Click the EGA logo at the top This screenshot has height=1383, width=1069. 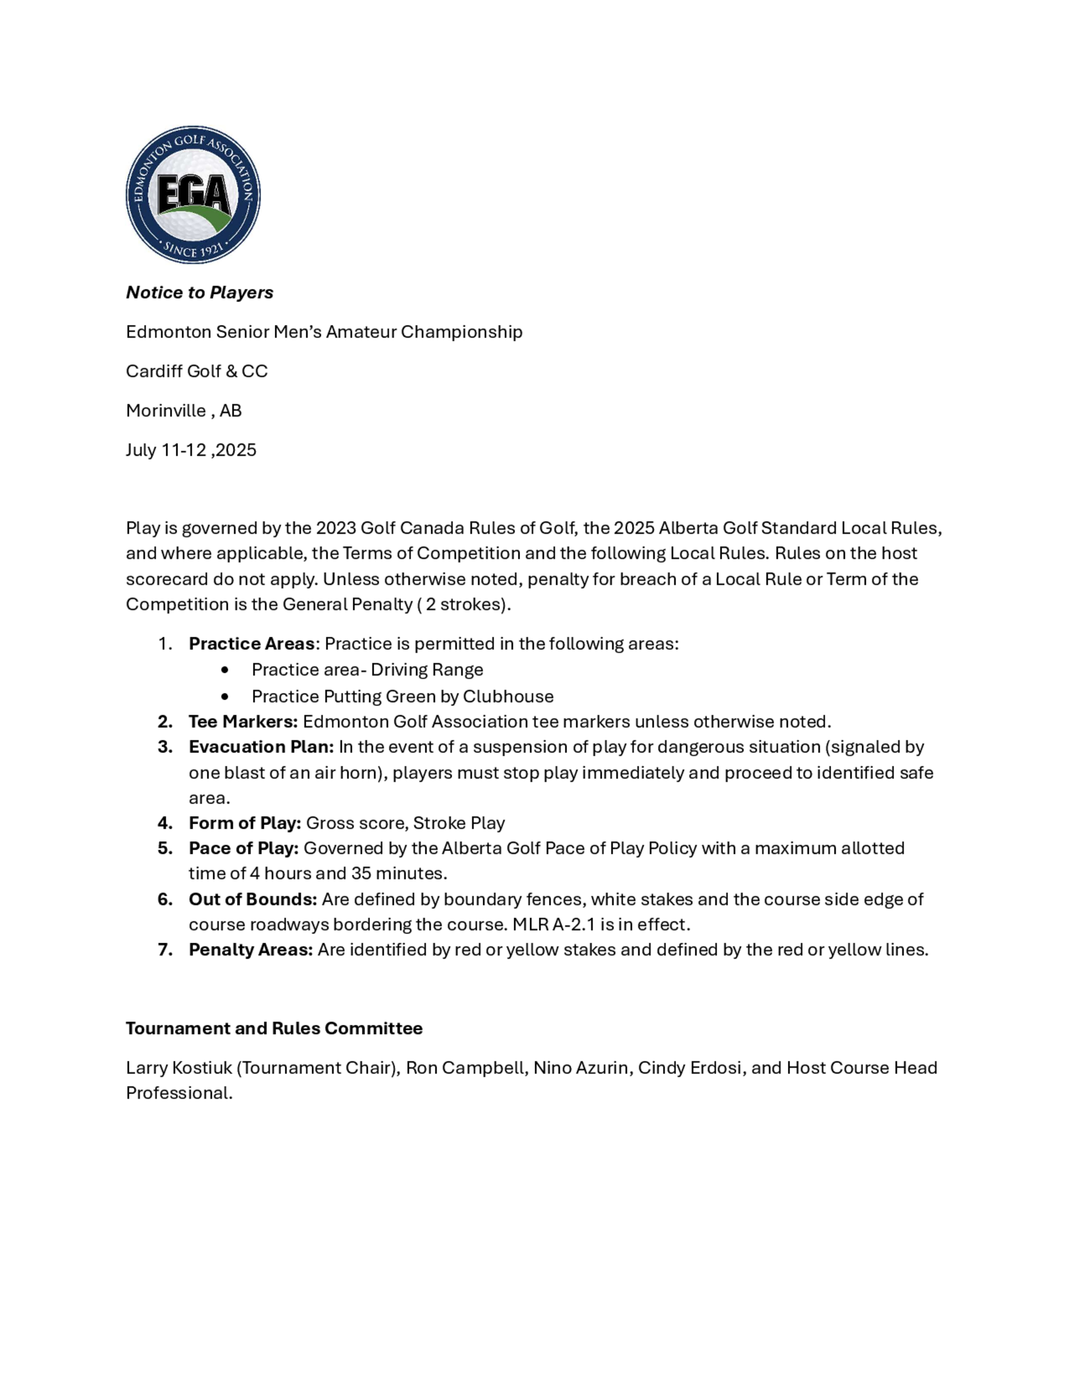(192, 195)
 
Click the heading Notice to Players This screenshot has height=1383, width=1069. (199, 292)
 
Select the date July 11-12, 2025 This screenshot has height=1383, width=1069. (191, 450)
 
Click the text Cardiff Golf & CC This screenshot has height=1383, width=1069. (196, 371)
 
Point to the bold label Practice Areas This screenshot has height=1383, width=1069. (251, 644)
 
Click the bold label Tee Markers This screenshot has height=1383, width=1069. (243, 722)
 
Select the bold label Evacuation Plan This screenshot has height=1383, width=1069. (261, 747)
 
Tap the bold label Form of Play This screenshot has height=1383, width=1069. (244, 823)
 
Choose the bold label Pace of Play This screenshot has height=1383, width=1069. (243, 849)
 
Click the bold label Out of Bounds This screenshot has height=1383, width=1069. (253, 900)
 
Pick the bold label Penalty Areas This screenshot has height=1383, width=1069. (251, 950)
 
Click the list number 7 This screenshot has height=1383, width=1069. (164, 950)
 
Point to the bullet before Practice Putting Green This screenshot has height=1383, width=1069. (226, 696)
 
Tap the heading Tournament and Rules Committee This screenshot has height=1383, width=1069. (274, 1028)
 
